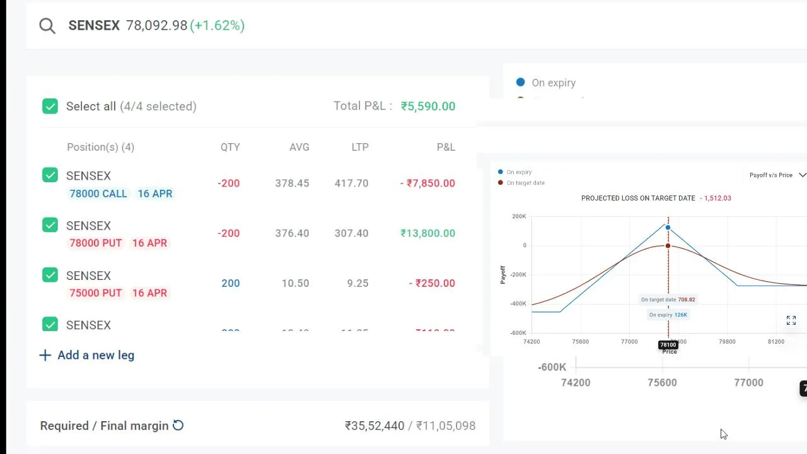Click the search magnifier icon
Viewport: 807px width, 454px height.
click(x=47, y=25)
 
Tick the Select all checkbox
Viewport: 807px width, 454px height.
click(x=50, y=106)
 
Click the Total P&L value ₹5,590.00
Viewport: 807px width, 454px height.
click(x=427, y=106)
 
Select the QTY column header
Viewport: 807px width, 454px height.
click(x=230, y=147)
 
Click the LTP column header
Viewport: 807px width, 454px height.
click(x=360, y=147)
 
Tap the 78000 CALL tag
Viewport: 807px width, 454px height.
click(x=98, y=194)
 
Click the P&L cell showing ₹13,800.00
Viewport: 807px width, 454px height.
click(x=427, y=233)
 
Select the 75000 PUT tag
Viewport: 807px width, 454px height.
click(x=95, y=293)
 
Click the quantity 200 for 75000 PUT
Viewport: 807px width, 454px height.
click(x=230, y=283)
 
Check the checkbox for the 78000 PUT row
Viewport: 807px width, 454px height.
click(x=50, y=225)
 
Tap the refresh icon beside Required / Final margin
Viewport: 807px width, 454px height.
click(x=178, y=426)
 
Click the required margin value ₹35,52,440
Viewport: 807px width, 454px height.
click(x=374, y=426)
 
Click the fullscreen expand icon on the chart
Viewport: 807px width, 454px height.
click(x=791, y=321)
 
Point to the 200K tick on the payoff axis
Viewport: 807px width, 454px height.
click(x=519, y=216)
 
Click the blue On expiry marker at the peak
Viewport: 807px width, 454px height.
click(x=668, y=228)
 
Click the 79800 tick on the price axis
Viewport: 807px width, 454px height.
click(x=727, y=342)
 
